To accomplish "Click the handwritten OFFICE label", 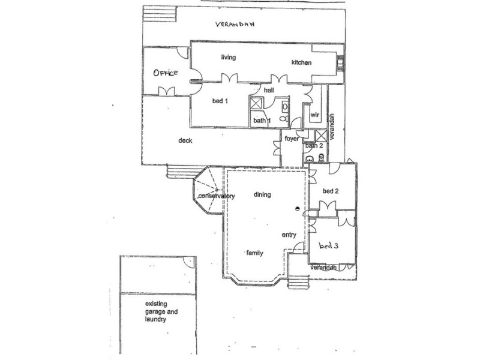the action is click(x=166, y=73).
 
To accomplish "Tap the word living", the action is click(x=229, y=57).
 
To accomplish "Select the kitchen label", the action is click(x=302, y=62).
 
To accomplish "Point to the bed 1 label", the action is click(x=220, y=101).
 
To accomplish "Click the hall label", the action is click(x=269, y=90).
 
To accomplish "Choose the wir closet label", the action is click(x=314, y=115).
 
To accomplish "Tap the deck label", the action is click(x=185, y=140).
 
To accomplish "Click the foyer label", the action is click(x=292, y=139).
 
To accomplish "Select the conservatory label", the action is click(x=217, y=196).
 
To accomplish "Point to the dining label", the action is click(x=262, y=194).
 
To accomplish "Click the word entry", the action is click(x=289, y=235).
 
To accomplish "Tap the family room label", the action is click(x=254, y=253).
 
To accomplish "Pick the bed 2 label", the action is click(x=331, y=191).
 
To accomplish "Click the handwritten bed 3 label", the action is click(x=328, y=245).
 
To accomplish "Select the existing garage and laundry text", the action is click(x=161, y=311).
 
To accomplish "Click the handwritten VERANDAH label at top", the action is click(x=235, y=24).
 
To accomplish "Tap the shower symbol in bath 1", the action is click(x=256, y=103).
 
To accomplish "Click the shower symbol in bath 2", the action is click(x=321, y=136).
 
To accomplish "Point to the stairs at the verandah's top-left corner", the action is click(x=160, y=14).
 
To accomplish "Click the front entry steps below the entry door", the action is click(x=298, y=281).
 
